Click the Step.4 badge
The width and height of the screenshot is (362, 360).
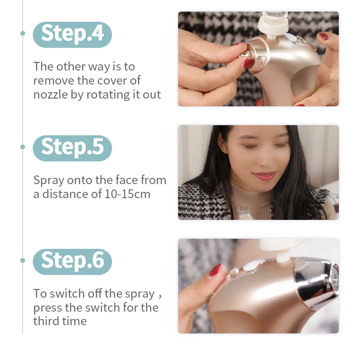72,35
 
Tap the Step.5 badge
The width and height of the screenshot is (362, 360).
72,148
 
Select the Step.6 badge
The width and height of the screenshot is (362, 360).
72,262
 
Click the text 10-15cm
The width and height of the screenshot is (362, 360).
127,194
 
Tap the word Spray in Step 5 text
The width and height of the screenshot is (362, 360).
48,180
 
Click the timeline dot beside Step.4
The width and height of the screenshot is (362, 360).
23,33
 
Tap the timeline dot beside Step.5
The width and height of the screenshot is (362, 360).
23,147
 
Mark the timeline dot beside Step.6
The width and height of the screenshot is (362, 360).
23,260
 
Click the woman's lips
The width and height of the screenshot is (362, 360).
265,175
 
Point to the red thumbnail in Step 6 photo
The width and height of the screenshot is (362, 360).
215,270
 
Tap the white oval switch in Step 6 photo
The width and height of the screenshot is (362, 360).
252,265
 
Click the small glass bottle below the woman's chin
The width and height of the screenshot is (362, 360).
245,212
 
